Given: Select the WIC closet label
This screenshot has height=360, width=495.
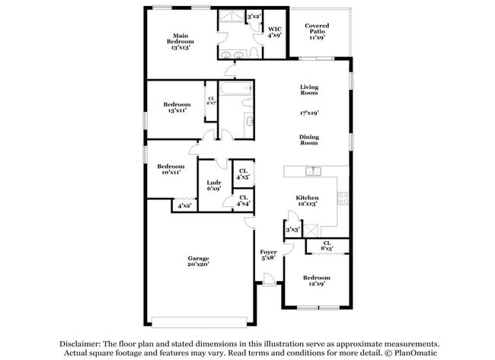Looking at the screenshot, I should [274, 32].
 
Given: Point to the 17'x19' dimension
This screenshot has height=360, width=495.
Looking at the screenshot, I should [308, 113].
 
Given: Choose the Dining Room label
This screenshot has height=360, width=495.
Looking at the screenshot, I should [308, 139].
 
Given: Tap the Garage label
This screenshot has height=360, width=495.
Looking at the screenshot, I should [198, 262].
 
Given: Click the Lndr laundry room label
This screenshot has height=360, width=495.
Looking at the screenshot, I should [214, 186].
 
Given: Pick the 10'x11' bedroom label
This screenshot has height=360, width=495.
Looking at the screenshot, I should [171, 170].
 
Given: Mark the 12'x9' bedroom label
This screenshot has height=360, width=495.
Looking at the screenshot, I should [315, 282].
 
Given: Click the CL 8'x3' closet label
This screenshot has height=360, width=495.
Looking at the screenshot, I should [326, 246].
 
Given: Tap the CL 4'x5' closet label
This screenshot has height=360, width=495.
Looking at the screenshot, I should [243, 174].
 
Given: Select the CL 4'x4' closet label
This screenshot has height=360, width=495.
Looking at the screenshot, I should [243, 201].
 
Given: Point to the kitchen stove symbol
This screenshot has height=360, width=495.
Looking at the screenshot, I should [343, 198].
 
